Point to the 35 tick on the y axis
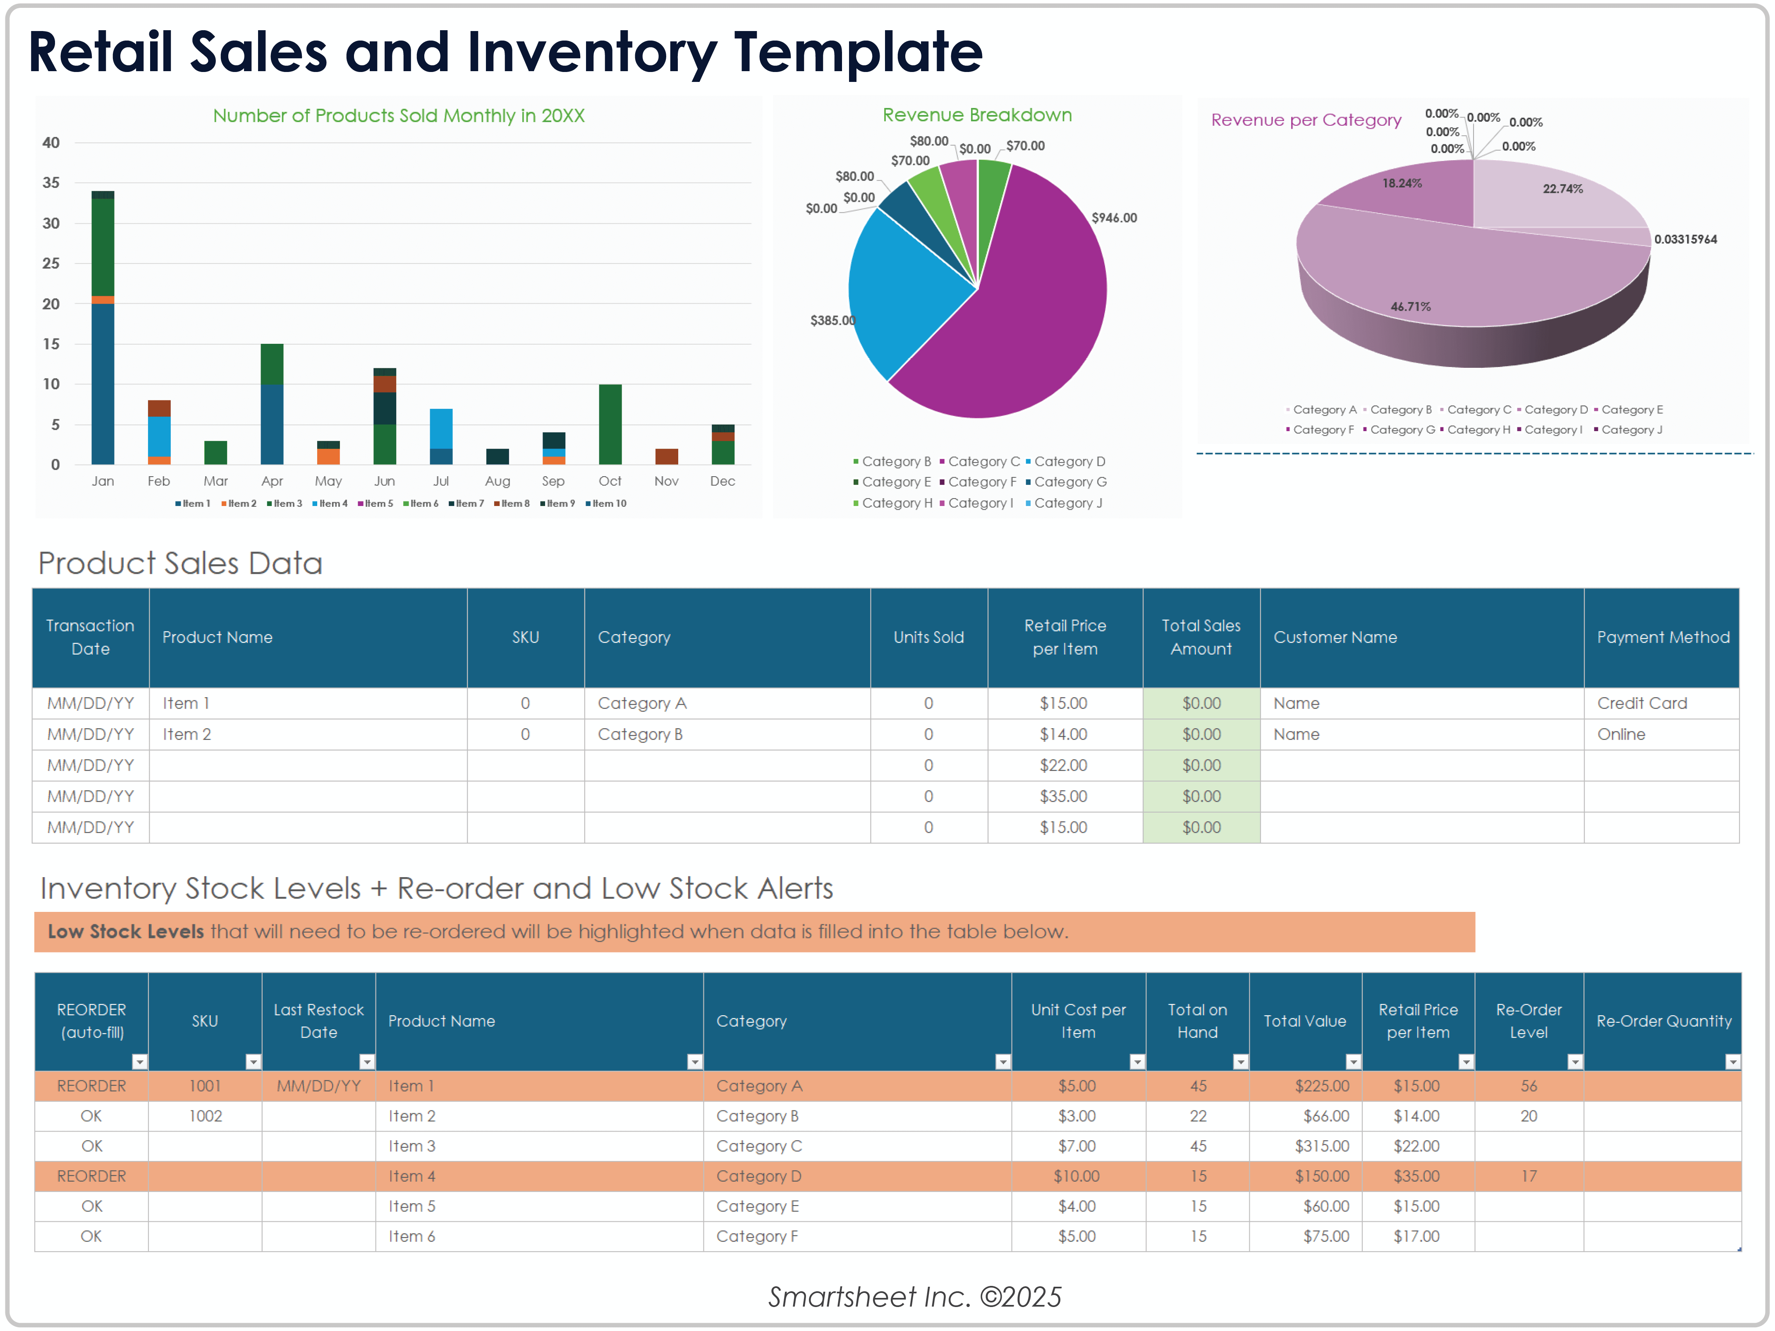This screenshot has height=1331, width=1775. coord(50,183)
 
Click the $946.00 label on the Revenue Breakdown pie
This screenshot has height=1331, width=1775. coord(1114,218)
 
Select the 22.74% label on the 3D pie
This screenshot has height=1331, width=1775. coord(1562,189)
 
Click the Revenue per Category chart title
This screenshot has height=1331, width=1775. coord(1306,120)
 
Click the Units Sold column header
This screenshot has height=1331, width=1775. coord(928,638)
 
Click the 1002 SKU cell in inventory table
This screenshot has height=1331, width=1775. coord(206,1116)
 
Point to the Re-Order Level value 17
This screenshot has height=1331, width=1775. coord(1529,1176)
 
